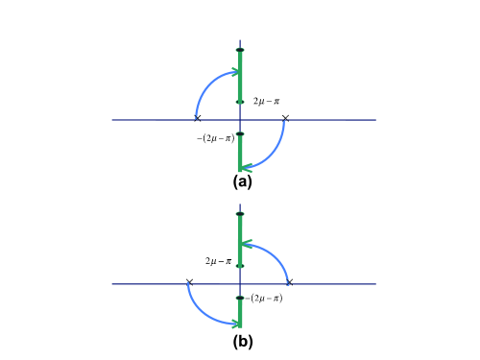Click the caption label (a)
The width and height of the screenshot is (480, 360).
point(242,180)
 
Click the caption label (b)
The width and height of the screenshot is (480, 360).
point(242,341)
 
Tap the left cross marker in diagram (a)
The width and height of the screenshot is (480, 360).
point(197,118)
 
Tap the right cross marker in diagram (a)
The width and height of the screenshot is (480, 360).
point(285,118)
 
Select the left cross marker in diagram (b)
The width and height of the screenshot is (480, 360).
point(189,282)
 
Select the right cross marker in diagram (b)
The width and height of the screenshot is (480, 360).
point(289,282)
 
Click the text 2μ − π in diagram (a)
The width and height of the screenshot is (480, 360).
point(267,100)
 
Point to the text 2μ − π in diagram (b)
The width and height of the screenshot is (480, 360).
point(218,260)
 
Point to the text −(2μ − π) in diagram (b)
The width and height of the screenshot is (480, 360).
point(265,299)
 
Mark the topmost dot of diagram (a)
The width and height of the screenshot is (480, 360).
point(240,49)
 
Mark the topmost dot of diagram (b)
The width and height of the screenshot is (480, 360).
point(240,213)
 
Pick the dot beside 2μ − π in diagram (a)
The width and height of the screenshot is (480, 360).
point(240,101)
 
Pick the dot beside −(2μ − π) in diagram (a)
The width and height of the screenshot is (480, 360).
point(240,133)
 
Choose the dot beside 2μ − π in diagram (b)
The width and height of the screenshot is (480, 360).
point(240,265)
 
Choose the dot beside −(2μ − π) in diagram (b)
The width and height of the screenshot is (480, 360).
point(240,298)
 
